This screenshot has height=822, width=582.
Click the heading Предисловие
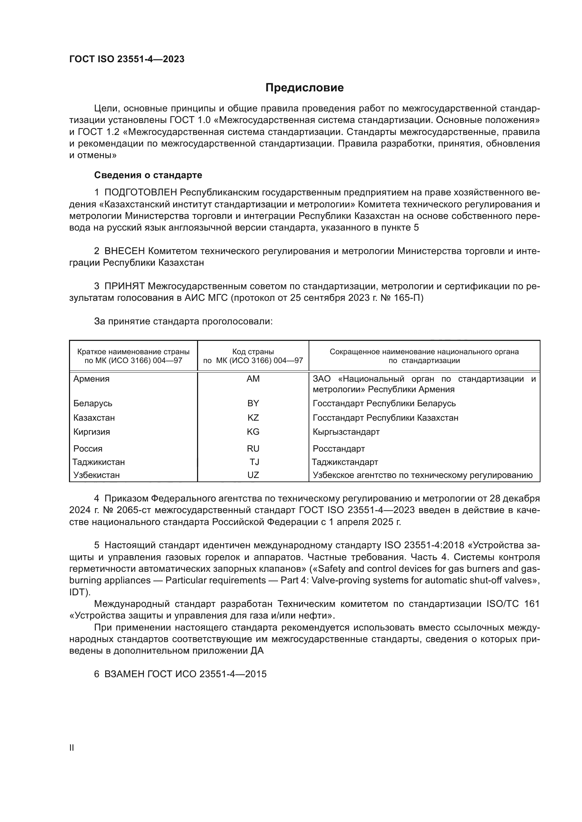[304, 88]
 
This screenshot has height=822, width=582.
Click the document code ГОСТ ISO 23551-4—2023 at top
[127, 59]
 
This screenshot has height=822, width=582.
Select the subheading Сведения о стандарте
[148, 175]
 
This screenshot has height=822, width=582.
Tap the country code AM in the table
[253, 379]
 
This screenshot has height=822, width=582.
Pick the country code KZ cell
[253, 418]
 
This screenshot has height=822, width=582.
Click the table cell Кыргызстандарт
[346, 432]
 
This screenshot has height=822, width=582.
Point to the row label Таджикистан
[99, 462]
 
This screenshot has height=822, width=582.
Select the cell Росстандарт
[339, 448]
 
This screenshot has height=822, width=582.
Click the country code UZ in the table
[253, 475]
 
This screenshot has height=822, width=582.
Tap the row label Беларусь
[93, 403]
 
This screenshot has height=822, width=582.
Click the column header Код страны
[253, 352]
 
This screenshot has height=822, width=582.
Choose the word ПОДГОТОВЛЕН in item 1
[141, 193]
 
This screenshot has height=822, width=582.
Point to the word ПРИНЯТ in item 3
[125, 286]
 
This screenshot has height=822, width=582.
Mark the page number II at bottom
[72, 748]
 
